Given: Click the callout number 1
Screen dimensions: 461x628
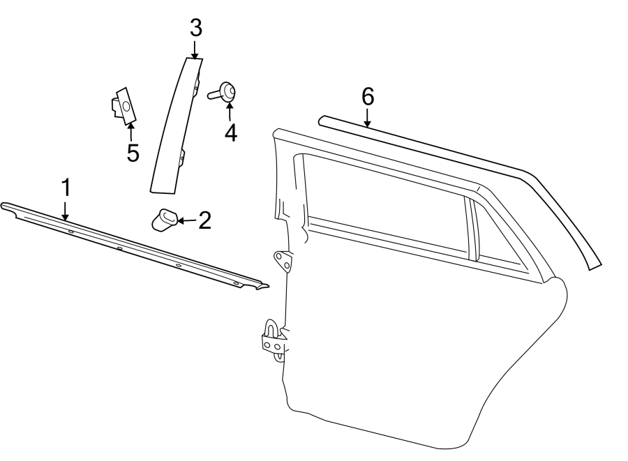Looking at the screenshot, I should coord(66,188).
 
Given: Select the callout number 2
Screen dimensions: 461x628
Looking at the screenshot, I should coord(204,220).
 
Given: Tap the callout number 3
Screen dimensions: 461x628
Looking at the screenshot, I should coord(195,29).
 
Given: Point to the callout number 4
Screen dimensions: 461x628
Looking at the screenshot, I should coord(230,132).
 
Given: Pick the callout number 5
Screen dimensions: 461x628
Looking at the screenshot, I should coord(133,152).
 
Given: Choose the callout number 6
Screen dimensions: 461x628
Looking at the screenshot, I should coord(368,97).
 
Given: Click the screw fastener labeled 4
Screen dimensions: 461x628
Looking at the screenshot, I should coord(225,91).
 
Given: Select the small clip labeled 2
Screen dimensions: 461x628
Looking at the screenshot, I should coord(164,220).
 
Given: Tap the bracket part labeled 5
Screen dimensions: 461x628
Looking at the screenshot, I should coord(123,106).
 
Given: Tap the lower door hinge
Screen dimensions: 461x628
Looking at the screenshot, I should coord(273,340).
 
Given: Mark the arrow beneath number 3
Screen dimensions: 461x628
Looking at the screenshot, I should coord(195,50).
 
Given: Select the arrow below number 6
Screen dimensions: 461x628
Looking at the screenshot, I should coord(368,118).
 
